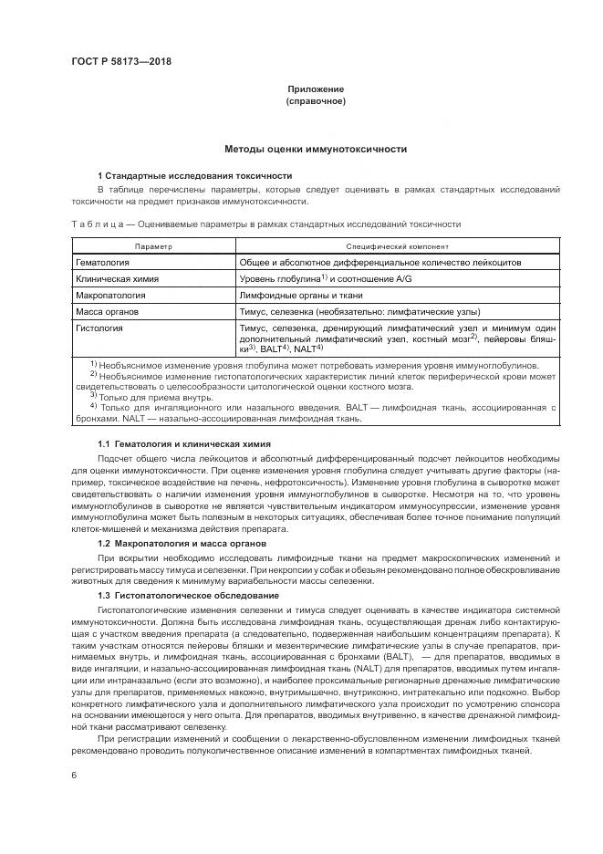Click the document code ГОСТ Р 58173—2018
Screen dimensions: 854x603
pyautogui.click(x=121, y=62)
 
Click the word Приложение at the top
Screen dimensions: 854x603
pyautogui.click(x=316, y=89)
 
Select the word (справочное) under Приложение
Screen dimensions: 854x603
pyautogui.click(x=316, y=101)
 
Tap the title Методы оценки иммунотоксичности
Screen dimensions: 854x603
pyautogui.click(x=316, y=149)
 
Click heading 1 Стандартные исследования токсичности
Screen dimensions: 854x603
pyautogui.click(x=194, y=175)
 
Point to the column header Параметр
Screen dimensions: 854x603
pyautogui.click(x=153, y=247)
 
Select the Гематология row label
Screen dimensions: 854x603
pyautogui.click(x=101, y=262)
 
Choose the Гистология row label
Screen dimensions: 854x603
pyautogui.click(x=99, y=327)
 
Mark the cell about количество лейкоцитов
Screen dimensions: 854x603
pyautogui.click(x=379, y=262)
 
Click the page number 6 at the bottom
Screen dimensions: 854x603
pyautogui.click(x=73, y=775)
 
